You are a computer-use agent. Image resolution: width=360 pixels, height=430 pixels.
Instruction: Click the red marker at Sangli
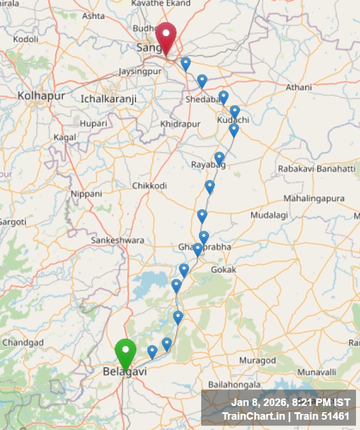click(166, 36)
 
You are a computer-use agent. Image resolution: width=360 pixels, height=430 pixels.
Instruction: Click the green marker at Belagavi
click(125, 351)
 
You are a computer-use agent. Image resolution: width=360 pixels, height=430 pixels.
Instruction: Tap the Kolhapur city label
click(41, 96)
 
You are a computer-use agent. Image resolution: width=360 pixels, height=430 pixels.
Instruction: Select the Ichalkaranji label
click(108, 99)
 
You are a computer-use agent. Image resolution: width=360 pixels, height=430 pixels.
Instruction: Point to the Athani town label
click(299, 87)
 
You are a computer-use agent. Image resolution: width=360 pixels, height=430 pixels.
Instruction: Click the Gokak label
click(224, 269)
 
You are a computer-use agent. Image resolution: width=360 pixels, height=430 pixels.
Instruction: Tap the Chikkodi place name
click(150, 186)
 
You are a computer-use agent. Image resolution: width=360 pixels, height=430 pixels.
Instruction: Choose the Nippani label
click(87, 194)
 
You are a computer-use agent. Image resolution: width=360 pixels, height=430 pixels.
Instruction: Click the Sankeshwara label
click(118, 240)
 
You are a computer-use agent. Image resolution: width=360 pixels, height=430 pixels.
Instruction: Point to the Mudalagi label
click(267, 215)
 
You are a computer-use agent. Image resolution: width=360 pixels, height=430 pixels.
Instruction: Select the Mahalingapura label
click(314, 198)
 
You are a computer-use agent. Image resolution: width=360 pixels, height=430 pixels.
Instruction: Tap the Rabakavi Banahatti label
click(316, 169)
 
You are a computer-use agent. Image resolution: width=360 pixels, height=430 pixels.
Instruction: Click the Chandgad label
click(23, 342)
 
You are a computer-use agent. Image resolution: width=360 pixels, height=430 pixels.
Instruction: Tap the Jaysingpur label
click(138, 72)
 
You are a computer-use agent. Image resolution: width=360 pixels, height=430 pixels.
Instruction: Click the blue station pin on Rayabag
click(219, 158)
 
